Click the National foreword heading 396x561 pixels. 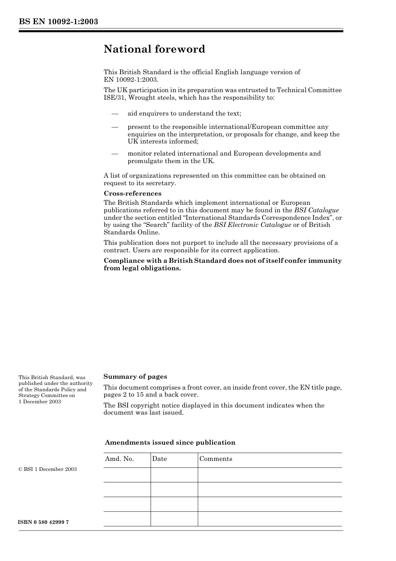click(154, 49)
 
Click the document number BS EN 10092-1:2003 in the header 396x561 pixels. click(58, 21)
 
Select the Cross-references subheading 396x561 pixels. click(132, 194)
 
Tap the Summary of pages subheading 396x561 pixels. click(135, 377)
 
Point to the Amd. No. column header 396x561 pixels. click(119, 459)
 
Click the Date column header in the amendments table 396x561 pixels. click(159, 459)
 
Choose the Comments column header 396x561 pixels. click(216, 459)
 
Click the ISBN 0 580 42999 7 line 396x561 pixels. click(44, 522)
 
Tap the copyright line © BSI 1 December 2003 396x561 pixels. click(48, 469)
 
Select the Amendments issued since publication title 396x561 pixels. click(170, 443)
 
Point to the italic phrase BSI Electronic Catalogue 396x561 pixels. click(252, 225)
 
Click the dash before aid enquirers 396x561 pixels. click(115, 113)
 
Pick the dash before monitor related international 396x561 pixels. click(115, 153)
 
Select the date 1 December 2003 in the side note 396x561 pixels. click(40, 402)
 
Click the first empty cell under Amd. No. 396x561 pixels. click(127, 475)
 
